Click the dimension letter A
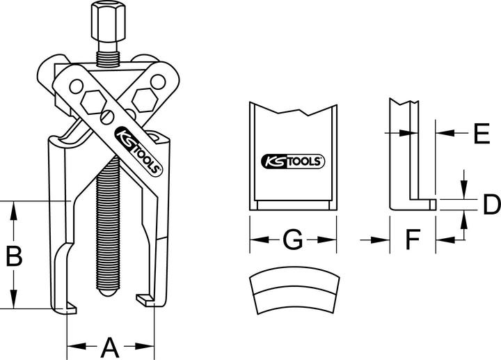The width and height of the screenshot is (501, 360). [109, 345]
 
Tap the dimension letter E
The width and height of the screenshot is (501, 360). [477, 132]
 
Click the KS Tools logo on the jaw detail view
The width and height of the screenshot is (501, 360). [292, 161]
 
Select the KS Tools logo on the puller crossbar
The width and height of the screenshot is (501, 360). [138, 150]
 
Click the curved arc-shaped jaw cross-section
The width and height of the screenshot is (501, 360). [292, 292]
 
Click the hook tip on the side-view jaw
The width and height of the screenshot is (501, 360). [432, 205]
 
